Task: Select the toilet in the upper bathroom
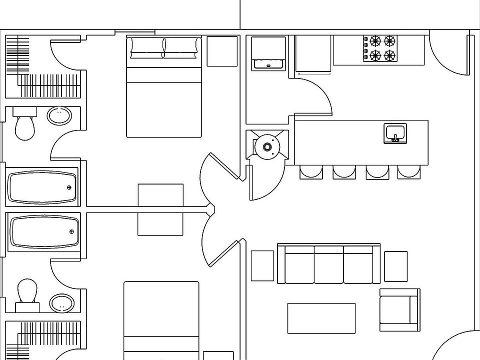23,127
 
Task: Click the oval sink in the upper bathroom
59,116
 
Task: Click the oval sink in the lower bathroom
62,302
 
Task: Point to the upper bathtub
42,187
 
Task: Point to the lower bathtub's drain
71,231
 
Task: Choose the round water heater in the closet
267,146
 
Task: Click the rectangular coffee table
321,318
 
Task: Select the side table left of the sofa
262,265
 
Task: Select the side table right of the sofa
395,266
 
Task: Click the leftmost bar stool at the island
310,172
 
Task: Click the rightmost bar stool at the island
409,172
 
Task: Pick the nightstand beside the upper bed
221,51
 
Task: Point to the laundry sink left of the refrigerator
268,63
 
